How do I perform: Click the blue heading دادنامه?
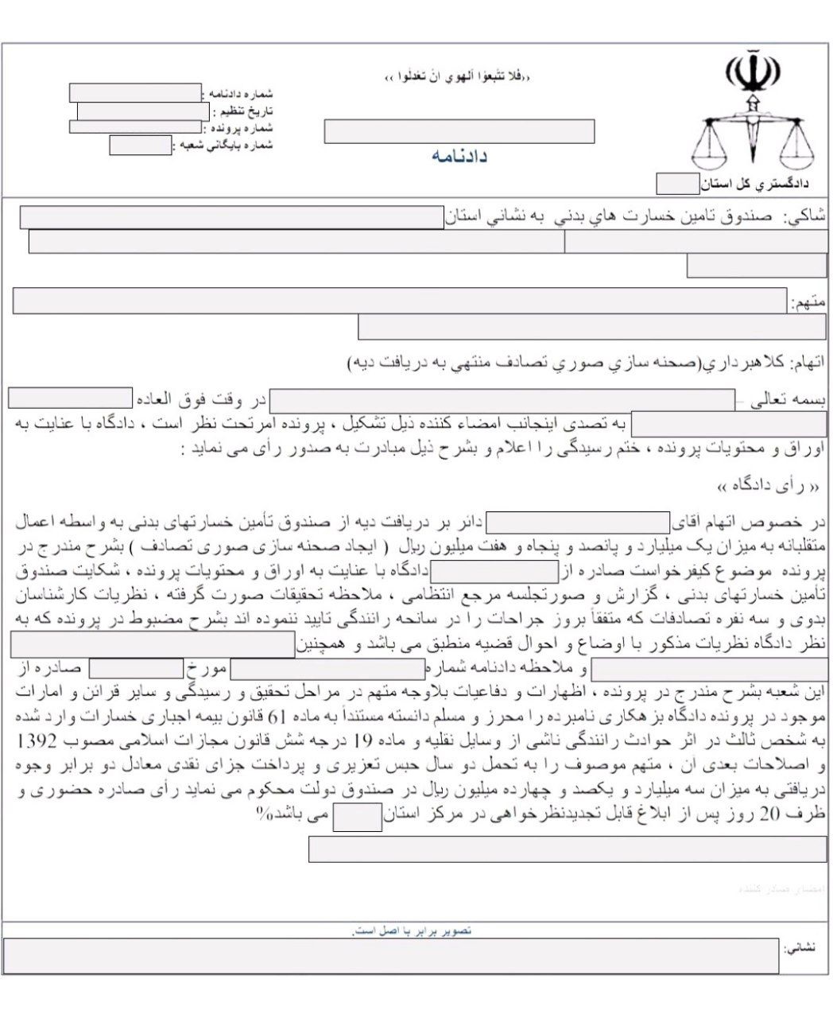[459, 156]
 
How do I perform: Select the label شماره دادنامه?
[241, 93]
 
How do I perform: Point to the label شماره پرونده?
[241, 127]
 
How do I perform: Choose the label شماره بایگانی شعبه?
[224, 146]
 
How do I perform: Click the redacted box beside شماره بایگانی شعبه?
[140, 146]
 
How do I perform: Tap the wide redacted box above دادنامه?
[459, 131]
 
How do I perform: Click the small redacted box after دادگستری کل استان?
[676, 185]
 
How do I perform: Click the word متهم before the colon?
[811, 302]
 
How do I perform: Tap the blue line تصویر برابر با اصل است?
[413, 930]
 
